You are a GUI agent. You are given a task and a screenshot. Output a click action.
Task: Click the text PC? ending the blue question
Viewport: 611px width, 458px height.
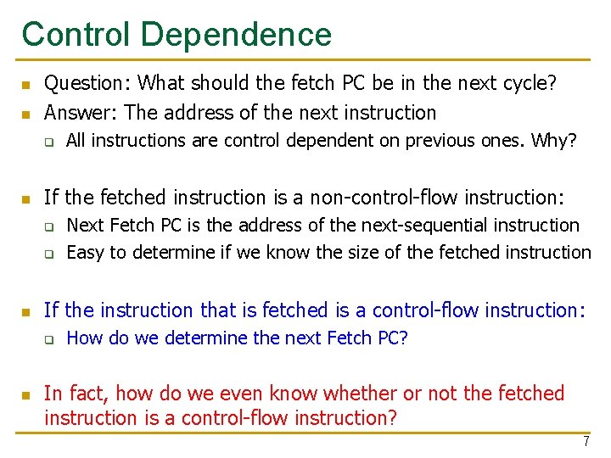(x=391, y=338)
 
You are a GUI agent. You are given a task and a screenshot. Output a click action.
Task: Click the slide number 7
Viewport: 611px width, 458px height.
(x=586, y=442)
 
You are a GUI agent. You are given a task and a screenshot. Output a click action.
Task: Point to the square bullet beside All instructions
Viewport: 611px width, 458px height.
(x=50, y=142)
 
